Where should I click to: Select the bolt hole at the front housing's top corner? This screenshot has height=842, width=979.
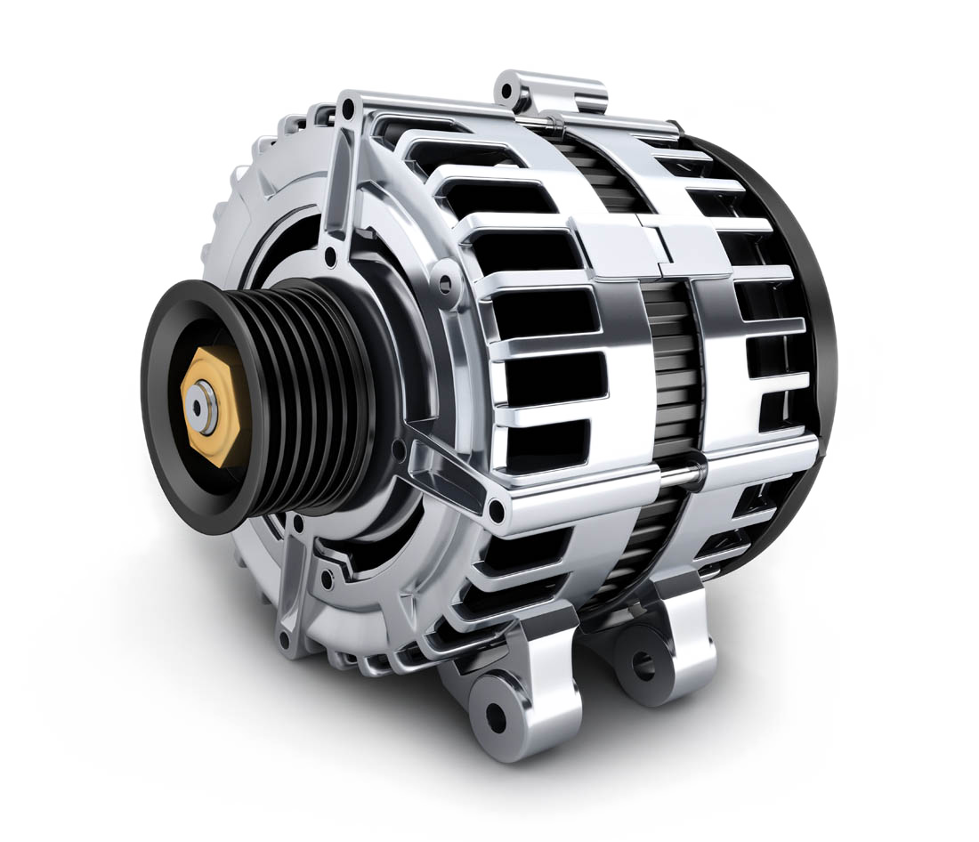point(346,112)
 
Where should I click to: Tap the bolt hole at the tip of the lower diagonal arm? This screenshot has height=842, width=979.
point(497,511)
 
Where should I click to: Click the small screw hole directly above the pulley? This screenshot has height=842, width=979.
point(331,257)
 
